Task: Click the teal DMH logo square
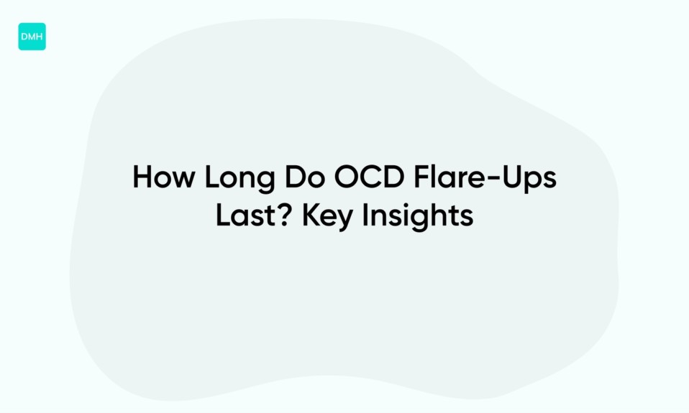click(32, 37)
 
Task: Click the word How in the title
click(164, 177)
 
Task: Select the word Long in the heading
click(240, 179)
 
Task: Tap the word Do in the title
click(306, 177)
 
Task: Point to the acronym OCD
click(370, 177)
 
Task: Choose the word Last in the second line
click(249, 215)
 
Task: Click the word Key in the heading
click(328, 217)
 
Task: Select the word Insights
click(418, 217)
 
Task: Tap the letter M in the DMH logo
click(32, 37)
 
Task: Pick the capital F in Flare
click(422, 177)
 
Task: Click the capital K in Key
click(311, 215)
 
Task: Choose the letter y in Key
click(345, 221)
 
